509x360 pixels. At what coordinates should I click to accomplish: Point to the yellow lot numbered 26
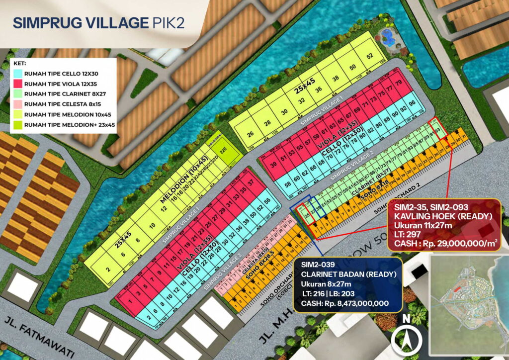click(x=250, y=134)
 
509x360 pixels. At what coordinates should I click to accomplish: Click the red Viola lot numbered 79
click(x=398, y=82)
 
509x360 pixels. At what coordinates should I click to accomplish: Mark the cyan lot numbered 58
click(x=288, y=184)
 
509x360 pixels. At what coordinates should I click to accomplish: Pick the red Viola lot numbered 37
click(x=251, y=183)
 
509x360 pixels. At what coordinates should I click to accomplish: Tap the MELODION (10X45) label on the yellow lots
click(x=184, y=179)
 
